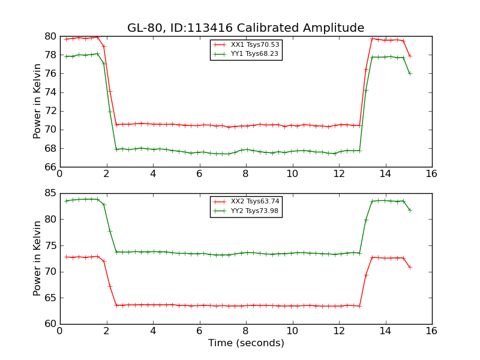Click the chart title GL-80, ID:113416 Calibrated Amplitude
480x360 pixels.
[245, 28]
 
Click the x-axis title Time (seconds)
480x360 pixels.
[246, 343]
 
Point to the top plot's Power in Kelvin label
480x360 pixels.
[37, 101]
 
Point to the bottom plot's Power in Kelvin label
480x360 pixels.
[37, 258]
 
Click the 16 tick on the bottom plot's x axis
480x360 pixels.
[431, 331]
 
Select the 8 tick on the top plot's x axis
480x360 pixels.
[245, 174]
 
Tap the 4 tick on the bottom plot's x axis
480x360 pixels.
[152, 331]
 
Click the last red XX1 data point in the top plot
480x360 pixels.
[410, 56]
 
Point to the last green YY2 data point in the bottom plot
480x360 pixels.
[410, 210]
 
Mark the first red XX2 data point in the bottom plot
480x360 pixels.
[66, 257]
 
